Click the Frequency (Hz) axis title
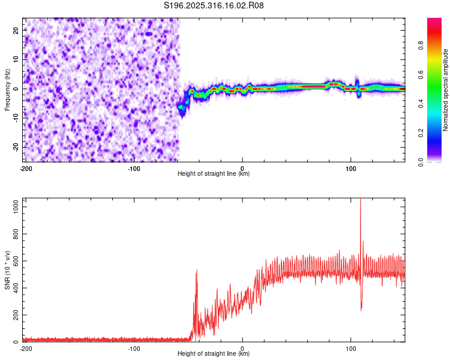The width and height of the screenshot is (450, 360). click(7, 90)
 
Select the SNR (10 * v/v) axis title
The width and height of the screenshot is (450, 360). click(7, 271)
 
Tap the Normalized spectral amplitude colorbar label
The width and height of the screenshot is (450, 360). click(445, 90)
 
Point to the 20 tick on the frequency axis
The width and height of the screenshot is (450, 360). click(16, 30)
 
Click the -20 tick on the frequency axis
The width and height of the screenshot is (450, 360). click(15, 147)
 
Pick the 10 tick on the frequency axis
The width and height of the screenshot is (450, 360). click(16, 59)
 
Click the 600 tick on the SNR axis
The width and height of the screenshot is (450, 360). click(14, 261)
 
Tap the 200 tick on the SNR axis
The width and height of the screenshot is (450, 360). click(14, 315)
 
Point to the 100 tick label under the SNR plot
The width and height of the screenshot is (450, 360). click(351, 349)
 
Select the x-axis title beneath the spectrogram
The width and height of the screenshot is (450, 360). click(214, 174)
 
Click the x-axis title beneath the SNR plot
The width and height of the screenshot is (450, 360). click(214, 354)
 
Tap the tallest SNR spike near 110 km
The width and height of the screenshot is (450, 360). click(361, 200)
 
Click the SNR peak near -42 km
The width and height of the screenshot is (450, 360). click(197, 271)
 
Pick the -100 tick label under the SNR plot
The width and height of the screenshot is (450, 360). click(134, 349)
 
